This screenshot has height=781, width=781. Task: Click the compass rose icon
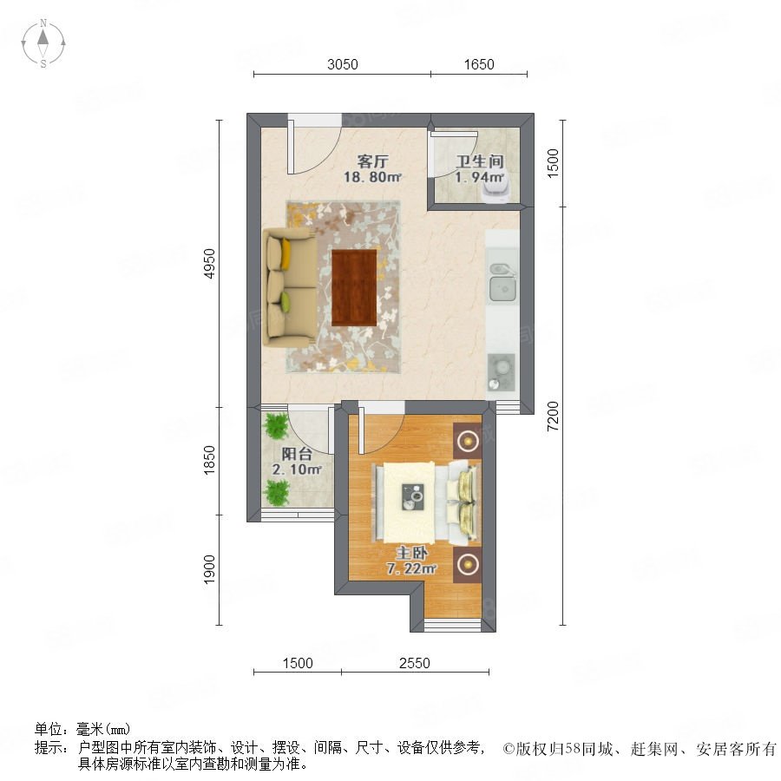(x=43, y=43)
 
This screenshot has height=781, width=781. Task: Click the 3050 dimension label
(x=342, y=64)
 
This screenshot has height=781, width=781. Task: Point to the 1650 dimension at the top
(x=479, y=64)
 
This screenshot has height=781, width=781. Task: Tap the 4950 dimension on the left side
(x=210, y=264)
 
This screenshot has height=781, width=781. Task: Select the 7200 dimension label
(x=553, y=416)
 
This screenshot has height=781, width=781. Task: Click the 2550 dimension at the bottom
(x=415, y=663)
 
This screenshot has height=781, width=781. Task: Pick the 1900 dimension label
(x=210, y=569)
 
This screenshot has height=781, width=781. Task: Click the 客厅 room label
(x=372, y=161)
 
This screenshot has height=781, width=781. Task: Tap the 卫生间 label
(x=480, y=161)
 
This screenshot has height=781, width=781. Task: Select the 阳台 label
(x=297, y=454)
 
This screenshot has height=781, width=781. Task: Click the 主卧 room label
(x=411, y=553)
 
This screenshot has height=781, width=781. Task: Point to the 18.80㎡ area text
(x=372, y=177)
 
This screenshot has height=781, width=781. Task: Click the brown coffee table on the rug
(x=354, y=288)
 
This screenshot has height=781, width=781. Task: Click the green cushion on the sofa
(x=285, y=302)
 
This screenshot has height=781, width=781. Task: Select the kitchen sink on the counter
(x=503, y=282)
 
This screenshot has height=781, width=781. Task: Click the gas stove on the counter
(x=501, y=372)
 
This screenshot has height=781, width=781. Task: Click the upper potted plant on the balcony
(x=276, y=426)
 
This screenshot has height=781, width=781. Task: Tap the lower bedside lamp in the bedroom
(x=467, y=565)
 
